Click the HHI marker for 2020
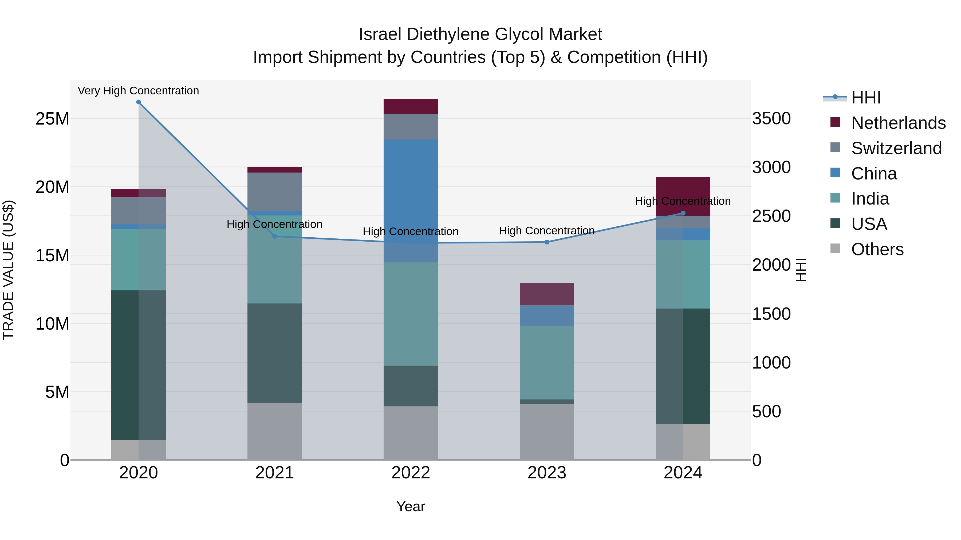138,102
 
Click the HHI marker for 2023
547,242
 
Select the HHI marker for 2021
275,236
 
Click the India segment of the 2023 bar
547,363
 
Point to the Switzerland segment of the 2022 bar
411,127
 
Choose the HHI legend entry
865,98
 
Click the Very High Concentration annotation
138,91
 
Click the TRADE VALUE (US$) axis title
8,270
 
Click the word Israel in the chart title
380,35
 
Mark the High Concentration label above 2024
683,201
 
